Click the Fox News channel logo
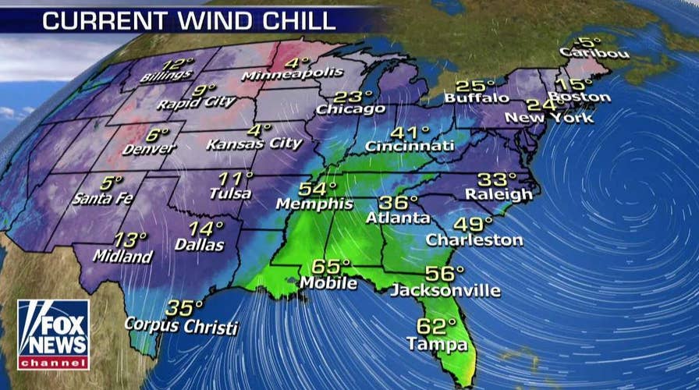(x=53, y=335)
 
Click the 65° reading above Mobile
(x=331, y=266)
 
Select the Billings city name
(x=166, y=76)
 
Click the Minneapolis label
(x=293, y=74)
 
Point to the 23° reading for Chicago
(x=353, y=97)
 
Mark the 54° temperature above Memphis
(x=318, y=189)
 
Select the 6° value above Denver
(x=157, y=133)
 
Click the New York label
(x=548, y=118)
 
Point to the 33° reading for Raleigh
(x=498, y=179)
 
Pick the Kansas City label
(x=254, y=144)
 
